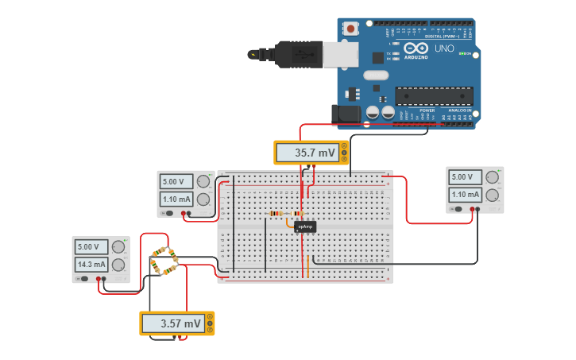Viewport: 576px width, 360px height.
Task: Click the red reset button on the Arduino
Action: pos(350,29)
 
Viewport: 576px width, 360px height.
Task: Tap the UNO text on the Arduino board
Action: pos(444,48)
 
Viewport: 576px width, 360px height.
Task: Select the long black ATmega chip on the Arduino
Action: pos(434,96)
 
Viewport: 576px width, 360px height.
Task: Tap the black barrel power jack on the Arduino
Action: pos(348,114)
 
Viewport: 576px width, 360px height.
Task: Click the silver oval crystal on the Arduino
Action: pos(376,75)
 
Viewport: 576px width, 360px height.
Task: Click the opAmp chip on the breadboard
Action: pos(305,226)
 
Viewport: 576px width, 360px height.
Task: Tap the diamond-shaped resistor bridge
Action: pos(164,261)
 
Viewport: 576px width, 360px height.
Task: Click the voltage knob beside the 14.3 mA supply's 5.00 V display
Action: pos(118,247)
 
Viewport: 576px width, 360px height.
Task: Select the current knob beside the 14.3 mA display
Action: pos(118,265)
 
